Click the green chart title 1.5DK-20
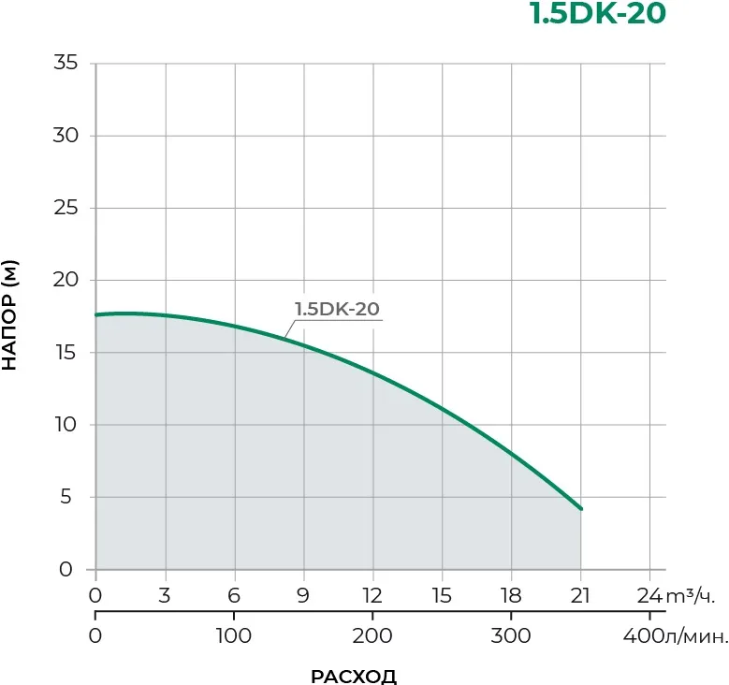(x=599, y=15)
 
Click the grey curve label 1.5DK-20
(x=337, y=310)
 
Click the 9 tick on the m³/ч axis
(x=303, y=596)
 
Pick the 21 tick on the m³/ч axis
(x=580, y=596)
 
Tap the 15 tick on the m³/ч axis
(x=442, y=596)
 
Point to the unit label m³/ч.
(x=690, y=596)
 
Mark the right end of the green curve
(x=581, y=509)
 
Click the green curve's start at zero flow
(x=96, y=315)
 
